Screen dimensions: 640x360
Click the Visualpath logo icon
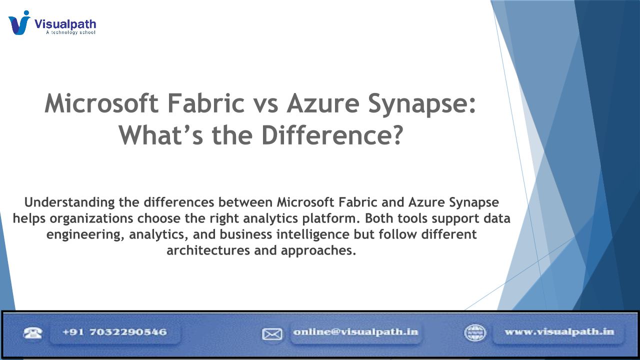pos(19,22)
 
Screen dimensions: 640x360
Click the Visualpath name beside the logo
pos(65,24)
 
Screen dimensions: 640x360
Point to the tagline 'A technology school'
pos(70,32)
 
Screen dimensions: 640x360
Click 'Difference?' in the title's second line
pos(332,135)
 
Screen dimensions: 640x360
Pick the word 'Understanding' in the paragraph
pos(69,202)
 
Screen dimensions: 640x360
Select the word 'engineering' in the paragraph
pos(85,234)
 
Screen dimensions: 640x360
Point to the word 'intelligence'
pos(313,234)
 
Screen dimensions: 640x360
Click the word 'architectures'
pos(208,250)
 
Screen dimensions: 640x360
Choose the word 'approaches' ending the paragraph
pos(318,251)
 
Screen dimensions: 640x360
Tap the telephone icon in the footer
pos(32,332)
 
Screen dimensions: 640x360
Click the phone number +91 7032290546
pos(114,332)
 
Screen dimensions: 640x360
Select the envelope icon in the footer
pos(272,334)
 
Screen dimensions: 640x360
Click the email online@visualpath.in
pos(355,332)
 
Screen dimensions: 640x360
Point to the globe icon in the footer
pos(475,333)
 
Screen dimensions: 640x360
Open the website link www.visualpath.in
pos(559,332)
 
